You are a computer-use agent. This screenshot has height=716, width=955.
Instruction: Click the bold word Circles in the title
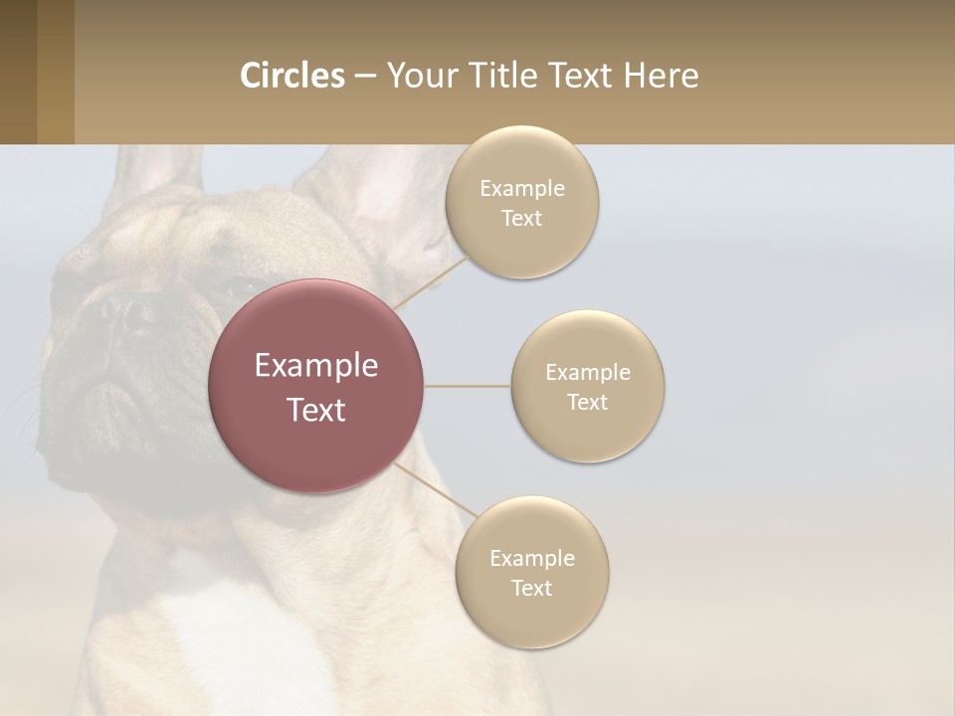pyautogui.click(x=292, y=76)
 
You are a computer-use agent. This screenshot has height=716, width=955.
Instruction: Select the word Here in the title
pyautogui.click(x=662, y=76)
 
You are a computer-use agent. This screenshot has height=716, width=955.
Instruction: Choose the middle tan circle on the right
pyautogui.click(x=588, y=428)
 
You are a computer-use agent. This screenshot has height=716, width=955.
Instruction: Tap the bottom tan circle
pyautogui.click(x=531, y=617)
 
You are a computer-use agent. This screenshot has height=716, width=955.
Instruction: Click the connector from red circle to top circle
pyautogui.click(x=430, y=282)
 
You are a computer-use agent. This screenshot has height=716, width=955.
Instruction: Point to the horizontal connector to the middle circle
pyautogui.click(x=467, y=386)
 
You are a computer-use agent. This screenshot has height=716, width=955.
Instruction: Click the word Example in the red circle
pyautogui.click(x=315, y=366)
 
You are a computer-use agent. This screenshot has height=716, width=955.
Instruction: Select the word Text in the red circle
pyautogui.click(x=315, y=410)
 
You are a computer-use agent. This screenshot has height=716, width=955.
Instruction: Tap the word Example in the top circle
pyautogui.click(x=521, y=188)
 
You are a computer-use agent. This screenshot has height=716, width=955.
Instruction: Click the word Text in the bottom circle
pyautogui.click(x=531, y=588)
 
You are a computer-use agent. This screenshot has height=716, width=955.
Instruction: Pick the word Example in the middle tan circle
pyautogui.click(x=588, y=373)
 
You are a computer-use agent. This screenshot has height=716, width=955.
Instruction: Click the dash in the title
pyautogui.click(x=365, y=77)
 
